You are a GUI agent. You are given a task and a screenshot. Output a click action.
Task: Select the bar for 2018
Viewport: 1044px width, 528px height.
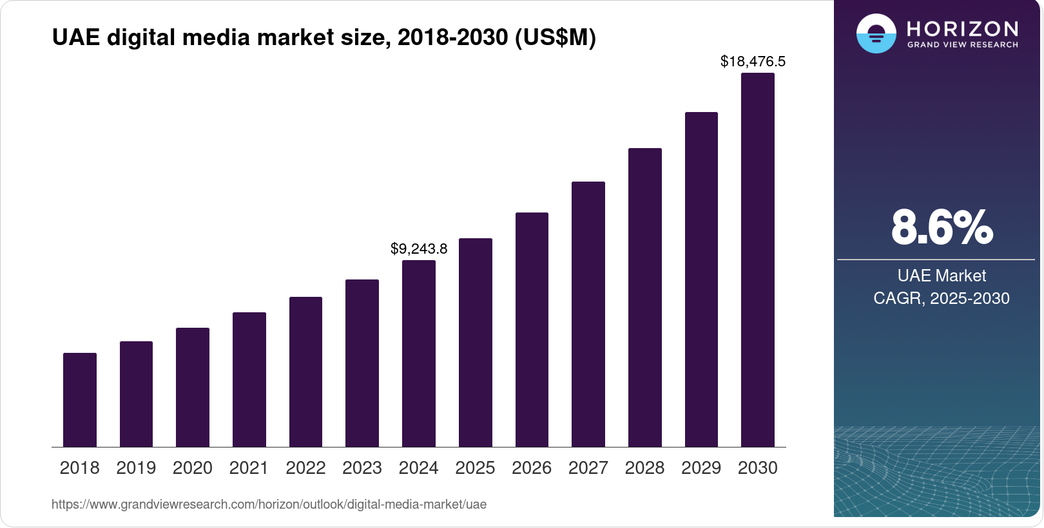(80, 400)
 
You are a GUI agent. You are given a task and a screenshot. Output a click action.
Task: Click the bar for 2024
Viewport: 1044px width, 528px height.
(419, 354)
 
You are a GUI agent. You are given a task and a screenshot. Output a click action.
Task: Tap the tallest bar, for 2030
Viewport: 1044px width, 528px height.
(758, 260)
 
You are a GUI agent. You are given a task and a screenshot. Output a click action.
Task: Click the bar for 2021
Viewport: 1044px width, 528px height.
(249, 379)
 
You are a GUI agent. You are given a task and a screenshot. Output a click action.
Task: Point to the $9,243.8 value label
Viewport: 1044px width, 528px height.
(419, 249)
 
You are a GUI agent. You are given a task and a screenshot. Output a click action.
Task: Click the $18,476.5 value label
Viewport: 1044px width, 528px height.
(753, 62)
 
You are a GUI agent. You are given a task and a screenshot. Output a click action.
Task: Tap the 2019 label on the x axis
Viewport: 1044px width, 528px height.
(136, 468)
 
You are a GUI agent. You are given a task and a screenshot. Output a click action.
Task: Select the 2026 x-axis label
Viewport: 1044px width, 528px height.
(532, 468)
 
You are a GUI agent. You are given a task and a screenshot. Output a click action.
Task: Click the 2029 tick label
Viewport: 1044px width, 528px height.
(701, 468)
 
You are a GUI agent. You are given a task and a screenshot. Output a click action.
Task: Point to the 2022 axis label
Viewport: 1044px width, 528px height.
(305, 468)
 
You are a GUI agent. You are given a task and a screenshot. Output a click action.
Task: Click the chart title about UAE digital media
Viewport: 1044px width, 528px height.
(324, 38)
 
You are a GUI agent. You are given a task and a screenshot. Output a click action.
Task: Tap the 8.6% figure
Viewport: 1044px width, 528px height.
(942, 227)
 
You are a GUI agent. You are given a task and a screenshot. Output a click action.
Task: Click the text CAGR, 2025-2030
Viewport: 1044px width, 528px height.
(941, 298)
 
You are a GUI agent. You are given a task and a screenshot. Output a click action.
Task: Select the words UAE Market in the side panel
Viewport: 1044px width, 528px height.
(942, 276)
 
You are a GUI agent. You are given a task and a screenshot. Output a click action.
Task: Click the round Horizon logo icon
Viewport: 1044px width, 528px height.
(876, 33)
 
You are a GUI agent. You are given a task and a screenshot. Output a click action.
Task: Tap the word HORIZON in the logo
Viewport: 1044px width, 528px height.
(962, 29)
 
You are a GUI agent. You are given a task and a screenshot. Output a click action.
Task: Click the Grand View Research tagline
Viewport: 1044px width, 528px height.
(962, 45)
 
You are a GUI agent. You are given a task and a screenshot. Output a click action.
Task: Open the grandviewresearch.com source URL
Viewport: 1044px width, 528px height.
(269, 504)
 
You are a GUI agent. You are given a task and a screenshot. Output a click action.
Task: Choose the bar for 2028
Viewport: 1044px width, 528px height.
(645, 297)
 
